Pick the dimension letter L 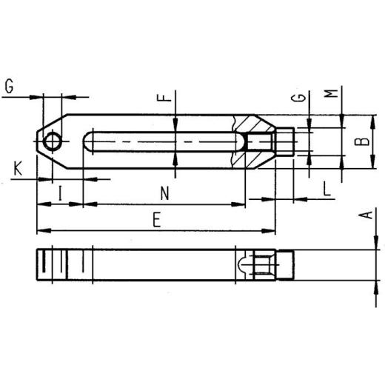click(x=326, y=190)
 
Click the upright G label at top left click(x=9, y=86)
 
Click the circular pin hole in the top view click(x=53, y=141)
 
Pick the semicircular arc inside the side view click(x=245, y=264)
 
